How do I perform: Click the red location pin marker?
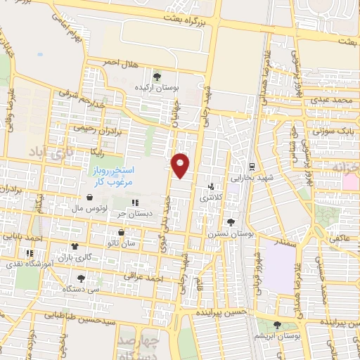point(181,165)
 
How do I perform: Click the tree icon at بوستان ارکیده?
point(156,76)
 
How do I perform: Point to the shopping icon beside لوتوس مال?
point(89,198)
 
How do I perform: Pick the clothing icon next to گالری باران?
point(74,246)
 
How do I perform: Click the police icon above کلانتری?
point(211,187)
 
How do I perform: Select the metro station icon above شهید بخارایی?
point(251,166)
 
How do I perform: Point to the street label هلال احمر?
point(116,63)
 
